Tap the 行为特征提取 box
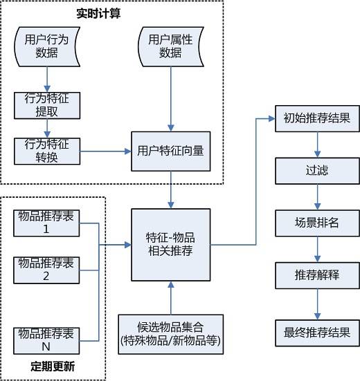coord(48,104)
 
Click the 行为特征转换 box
coord(48,151)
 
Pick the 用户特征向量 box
coord(170,151)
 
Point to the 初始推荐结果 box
coord(317,118)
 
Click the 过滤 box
coord(317,169)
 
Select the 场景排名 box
coord(317,222)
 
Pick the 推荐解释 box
coord(317,275)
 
